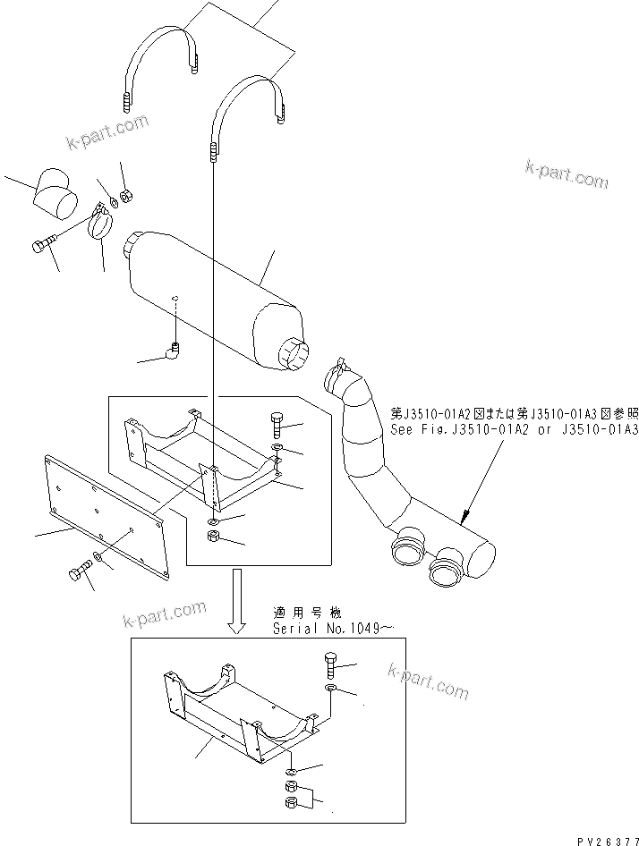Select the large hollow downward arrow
pyautogui.click(x=237, y=601)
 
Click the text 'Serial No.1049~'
pyautogui.click(x=332, y=629)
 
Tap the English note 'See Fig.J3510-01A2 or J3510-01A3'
pyautogui.click(x=514, y=429)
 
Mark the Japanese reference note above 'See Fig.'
pyautogui.click(x=514, y=413)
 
